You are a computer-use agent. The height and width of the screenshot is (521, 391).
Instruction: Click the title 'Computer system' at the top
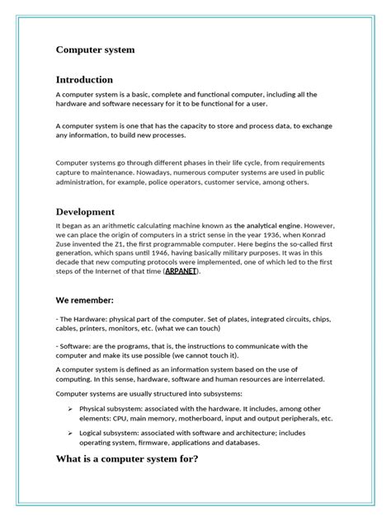coord(95,50)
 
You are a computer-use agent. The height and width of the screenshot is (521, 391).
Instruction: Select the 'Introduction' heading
coord(84,80)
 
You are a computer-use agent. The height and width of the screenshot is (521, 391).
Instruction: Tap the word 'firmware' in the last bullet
coord(156,443)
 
